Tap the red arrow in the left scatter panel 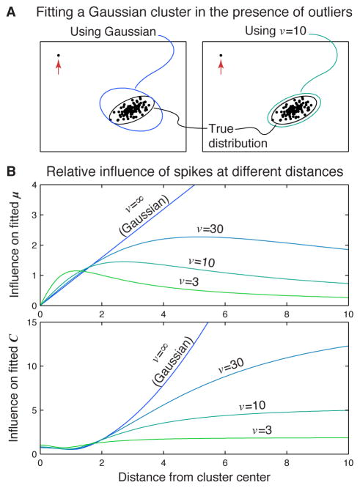(59, 69)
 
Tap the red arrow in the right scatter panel (221, 69)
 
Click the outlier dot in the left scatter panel (59, 56)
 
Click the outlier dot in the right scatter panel (221, 56)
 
